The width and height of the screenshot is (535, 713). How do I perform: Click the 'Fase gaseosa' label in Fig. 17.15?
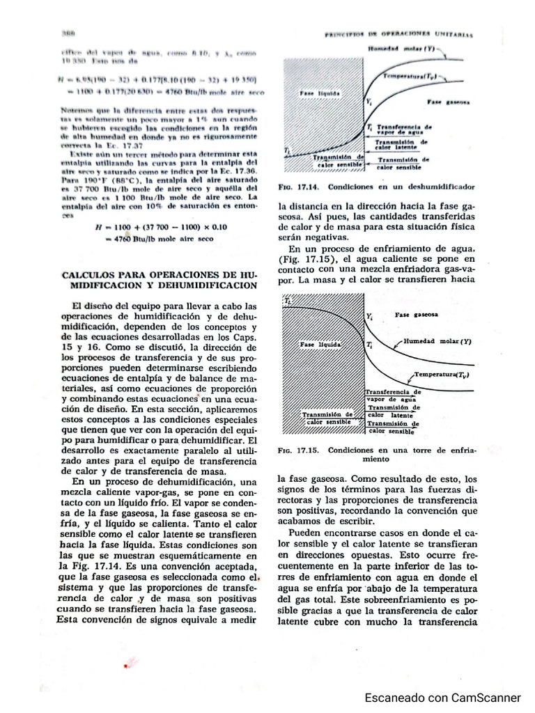(417, 315)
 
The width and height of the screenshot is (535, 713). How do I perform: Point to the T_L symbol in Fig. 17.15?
(286, 301)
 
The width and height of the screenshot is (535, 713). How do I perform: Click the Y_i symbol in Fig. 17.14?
(369, 102)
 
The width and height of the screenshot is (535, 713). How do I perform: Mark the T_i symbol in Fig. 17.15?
(369, 345)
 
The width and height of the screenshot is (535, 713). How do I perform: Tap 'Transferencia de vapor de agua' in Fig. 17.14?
(403, 131)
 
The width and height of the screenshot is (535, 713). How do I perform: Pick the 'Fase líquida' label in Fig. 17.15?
(319, 345)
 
